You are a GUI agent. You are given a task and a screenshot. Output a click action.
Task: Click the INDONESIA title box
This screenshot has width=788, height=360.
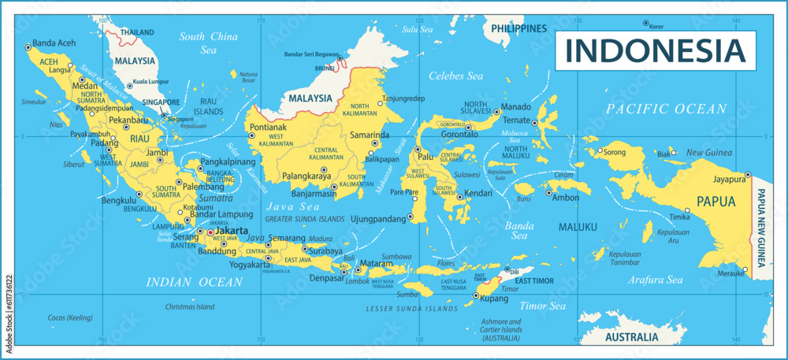(656, 50)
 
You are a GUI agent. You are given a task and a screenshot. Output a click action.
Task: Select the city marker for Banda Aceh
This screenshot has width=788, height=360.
(28, 46)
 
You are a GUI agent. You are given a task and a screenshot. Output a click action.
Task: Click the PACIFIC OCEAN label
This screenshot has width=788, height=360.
(667, 108)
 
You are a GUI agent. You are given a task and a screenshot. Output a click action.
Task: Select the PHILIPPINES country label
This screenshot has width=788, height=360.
(520, 28)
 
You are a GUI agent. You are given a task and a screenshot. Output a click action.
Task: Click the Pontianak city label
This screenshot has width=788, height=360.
(268, 127)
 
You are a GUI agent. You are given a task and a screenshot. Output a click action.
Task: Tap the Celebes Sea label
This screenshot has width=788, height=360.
(455, 76)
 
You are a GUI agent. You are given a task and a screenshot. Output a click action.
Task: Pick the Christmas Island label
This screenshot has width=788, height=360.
(189, 306)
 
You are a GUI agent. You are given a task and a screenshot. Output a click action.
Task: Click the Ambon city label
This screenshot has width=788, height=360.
(566, 198)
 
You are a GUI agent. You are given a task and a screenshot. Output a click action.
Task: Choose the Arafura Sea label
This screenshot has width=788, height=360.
(655, 280)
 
